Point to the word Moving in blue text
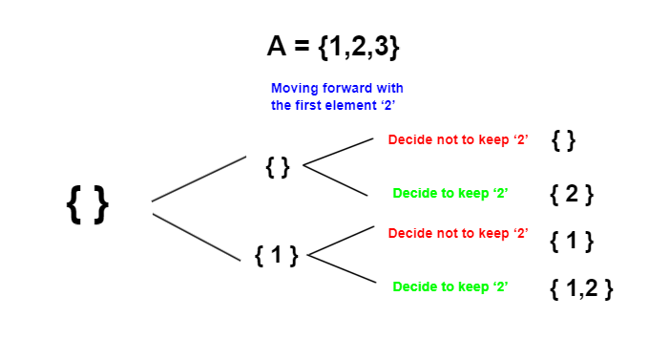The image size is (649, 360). click(x=294, y=89)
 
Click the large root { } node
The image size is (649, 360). click(x=88, y=204)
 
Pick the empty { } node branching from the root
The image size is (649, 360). click(x=277, y=167)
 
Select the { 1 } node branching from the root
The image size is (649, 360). click(x=277, y=255)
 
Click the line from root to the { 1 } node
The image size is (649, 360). click(x=196, y=236)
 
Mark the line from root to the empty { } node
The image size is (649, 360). click(x=199, y=179)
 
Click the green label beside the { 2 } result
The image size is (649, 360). click(x=450, y=193)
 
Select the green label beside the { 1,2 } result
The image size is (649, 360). click(x=450, y=286)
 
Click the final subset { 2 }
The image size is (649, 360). click(x=572, y=194)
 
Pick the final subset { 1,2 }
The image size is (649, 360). click(x=580, y=287)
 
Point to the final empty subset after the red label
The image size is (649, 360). click(x=563, y=140)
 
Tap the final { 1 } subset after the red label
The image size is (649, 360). click(x=572, y=241)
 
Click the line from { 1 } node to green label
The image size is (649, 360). click(x=340, y=270)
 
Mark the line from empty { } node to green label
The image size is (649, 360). click(x=336, y=181)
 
